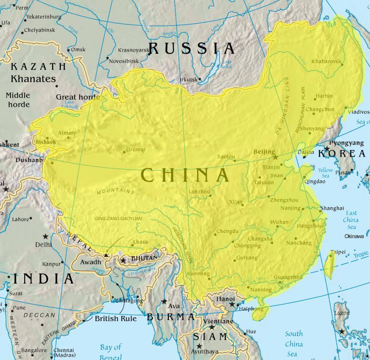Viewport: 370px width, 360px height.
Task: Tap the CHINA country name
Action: point(185,175)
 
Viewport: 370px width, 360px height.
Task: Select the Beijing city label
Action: point(264,151)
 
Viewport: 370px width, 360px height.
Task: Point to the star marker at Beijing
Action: point(275,157)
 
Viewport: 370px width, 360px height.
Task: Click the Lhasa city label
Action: point(140,242)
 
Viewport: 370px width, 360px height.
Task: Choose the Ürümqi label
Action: point(135,149)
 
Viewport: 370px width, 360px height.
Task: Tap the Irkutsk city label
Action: point(188,79)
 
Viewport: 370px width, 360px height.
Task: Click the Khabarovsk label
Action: point(327,62)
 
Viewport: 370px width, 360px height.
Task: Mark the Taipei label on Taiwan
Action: point(338,252)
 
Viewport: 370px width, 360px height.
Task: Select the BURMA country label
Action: point(170,316)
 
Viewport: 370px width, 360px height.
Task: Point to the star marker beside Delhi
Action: point(46,236)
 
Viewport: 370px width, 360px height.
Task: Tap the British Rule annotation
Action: point(116,319)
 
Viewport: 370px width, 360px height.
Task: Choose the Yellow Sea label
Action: point(325,173)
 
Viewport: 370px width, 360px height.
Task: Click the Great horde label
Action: point(78,97)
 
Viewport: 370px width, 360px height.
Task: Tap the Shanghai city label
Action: point(332,208)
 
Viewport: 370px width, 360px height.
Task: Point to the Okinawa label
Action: point(354,236)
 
